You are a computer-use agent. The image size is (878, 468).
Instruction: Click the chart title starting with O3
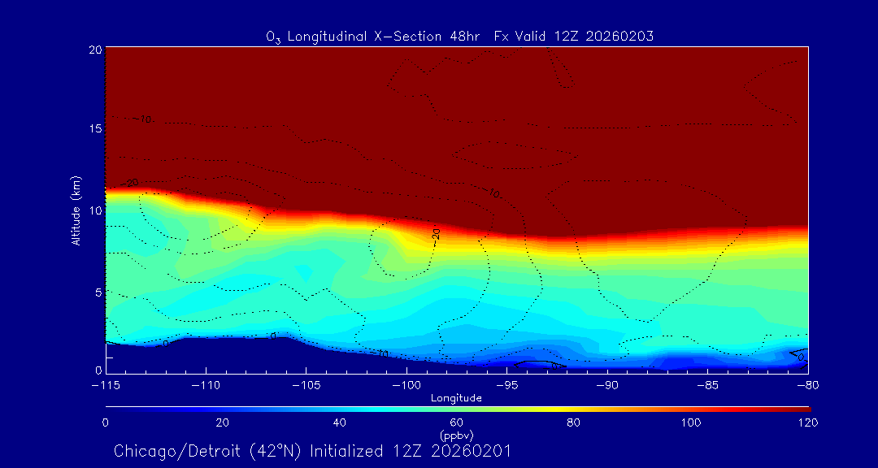459,36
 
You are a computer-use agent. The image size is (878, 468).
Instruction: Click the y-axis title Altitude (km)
76,210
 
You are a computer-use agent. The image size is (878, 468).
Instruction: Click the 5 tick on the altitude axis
97,291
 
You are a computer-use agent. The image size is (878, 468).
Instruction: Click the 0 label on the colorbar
106,422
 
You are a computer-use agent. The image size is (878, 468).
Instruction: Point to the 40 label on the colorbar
340,422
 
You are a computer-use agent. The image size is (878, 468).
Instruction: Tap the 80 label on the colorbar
575,422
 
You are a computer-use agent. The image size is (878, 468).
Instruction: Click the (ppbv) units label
457,435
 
